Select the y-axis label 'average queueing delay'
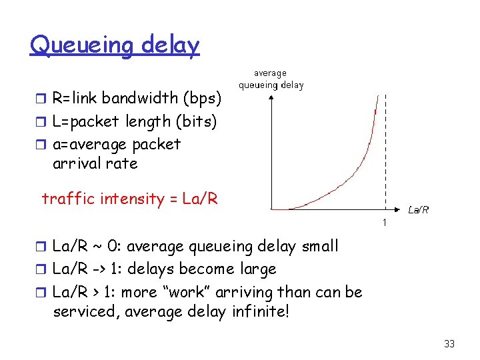pyautogui.click(x=271, y=79)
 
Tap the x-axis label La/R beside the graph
pyautogui.click(x=418, y=209)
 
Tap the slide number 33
pyautogui.click(x=449, y=344)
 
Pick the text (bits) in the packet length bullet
pyautogui.click(x=195, y=121)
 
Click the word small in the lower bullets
pyautogui.click(x=319, y=246)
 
